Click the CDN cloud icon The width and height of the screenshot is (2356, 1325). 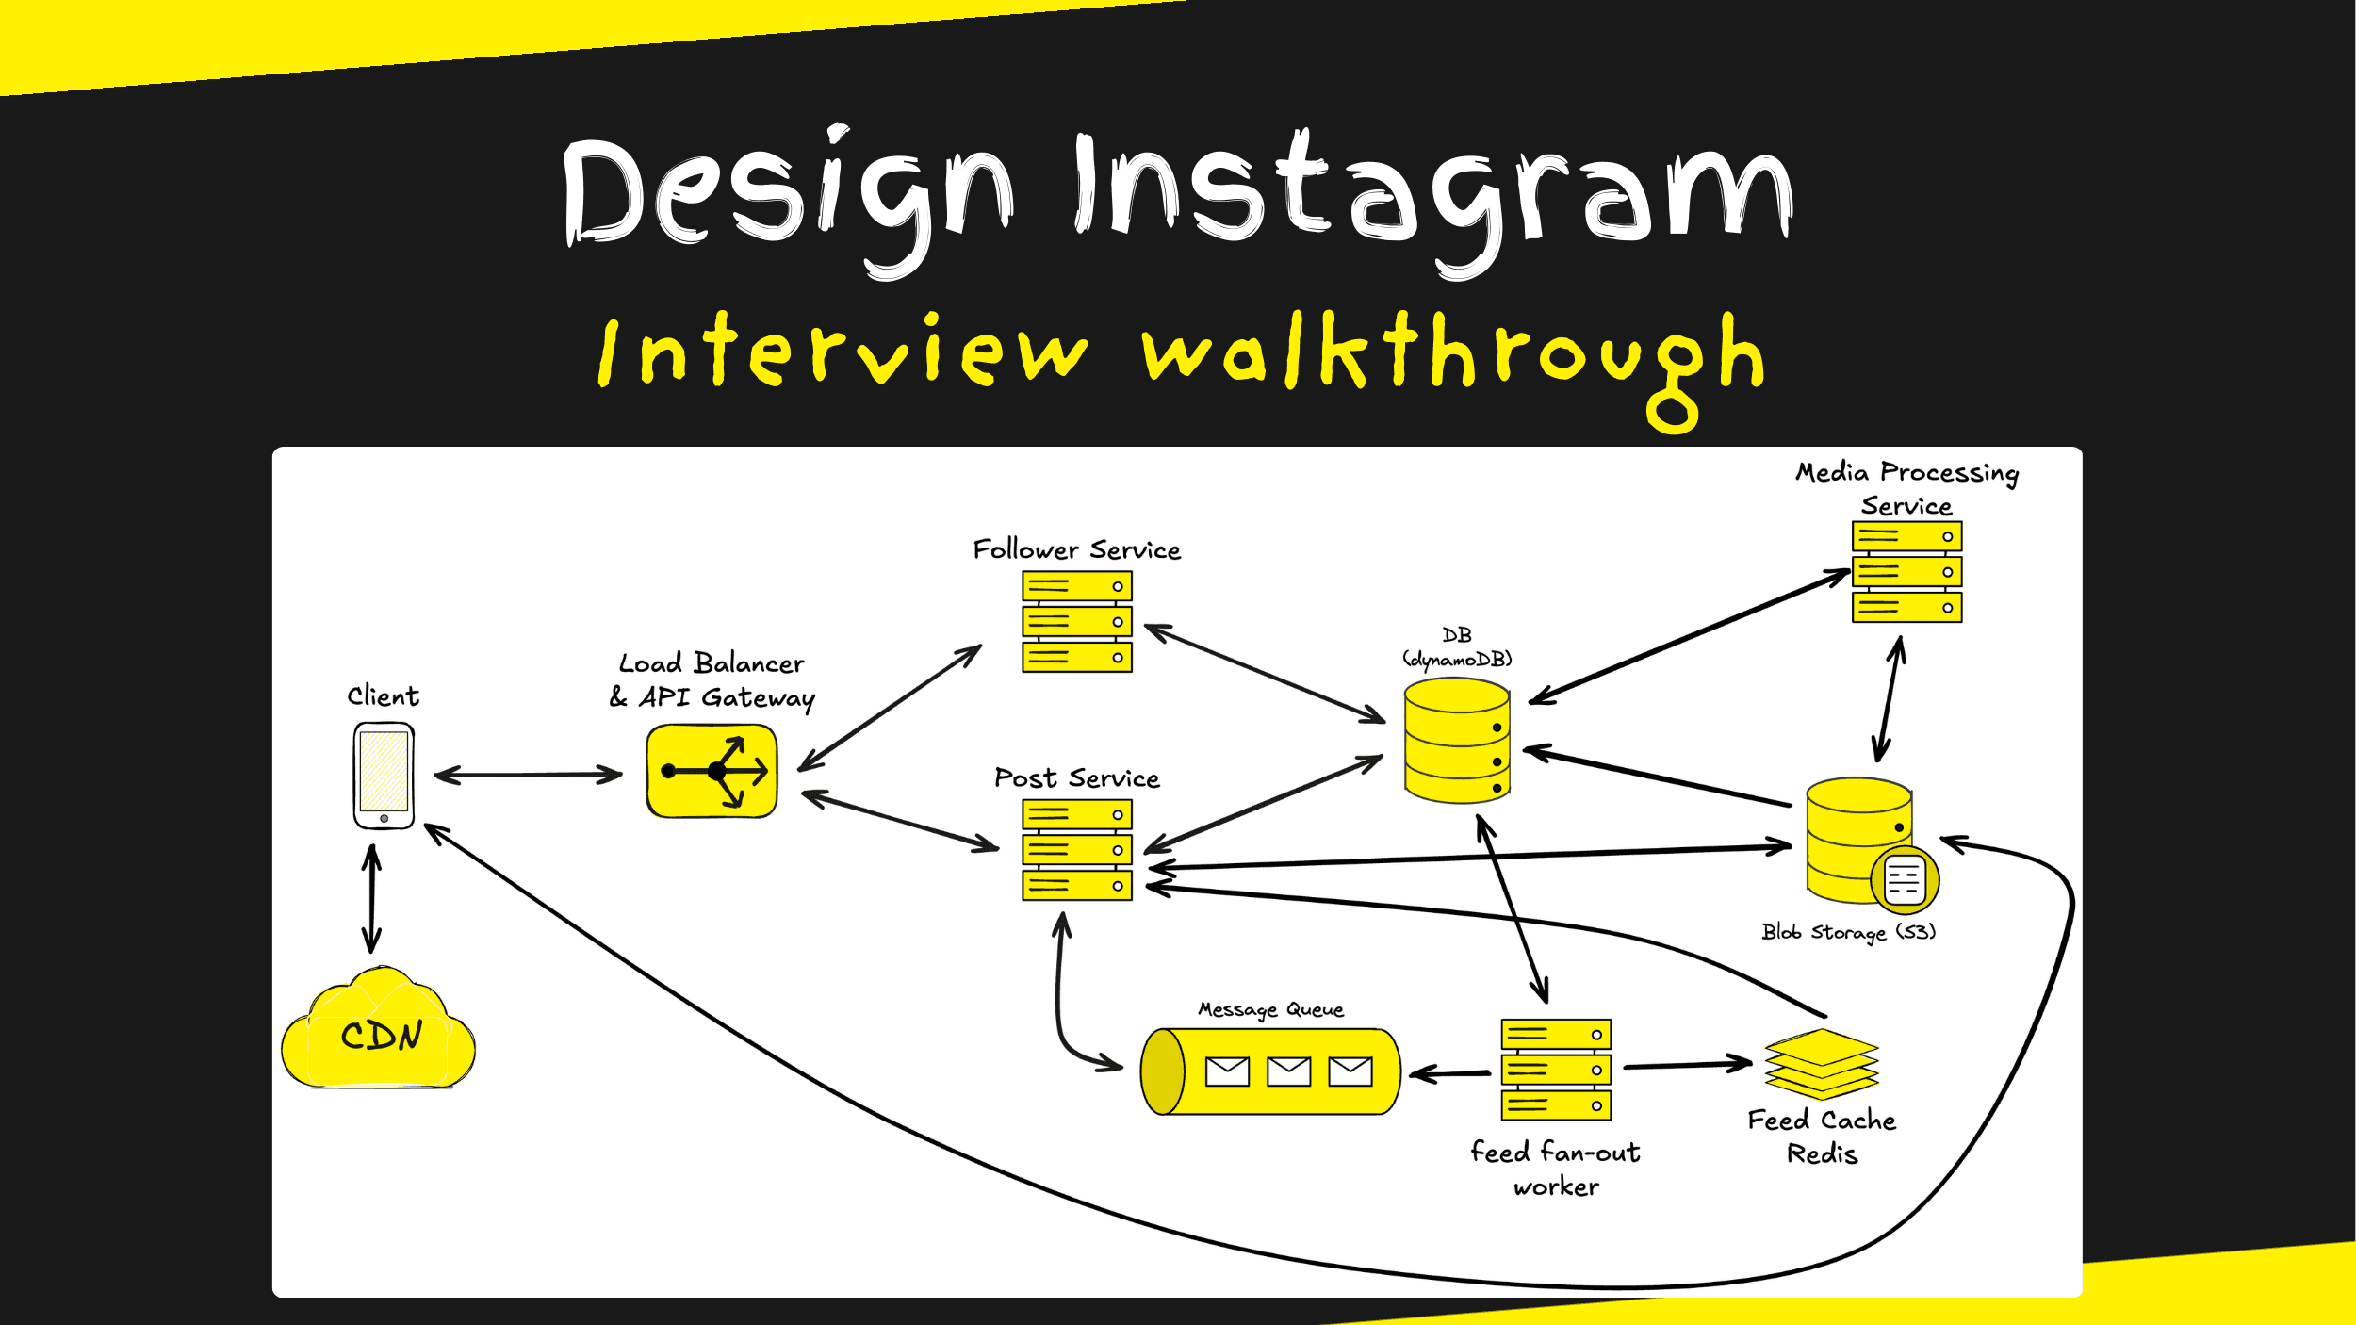pos(379,1034)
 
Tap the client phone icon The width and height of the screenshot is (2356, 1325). pos(384,775)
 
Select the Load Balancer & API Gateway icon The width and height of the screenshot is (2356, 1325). pos(712,770)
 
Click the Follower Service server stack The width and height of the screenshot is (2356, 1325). pos(1076,622)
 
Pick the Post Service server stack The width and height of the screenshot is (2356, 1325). pos(1076,850)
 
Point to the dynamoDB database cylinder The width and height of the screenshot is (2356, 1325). pos(1457,742)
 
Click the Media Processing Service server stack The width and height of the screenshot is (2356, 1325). pos(1906,572)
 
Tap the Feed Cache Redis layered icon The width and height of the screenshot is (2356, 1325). pos(1822,1064)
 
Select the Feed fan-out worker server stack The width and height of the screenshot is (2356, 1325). pos(1555,1070)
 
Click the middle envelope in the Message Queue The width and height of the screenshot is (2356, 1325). pos(1288,1071)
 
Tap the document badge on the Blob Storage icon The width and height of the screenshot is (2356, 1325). pos(1905,880)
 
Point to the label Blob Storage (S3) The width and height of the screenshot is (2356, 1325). pos(1848,932)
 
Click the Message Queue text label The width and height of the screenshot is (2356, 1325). pos(1270,1010)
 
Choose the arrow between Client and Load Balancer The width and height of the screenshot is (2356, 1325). pos(528,775)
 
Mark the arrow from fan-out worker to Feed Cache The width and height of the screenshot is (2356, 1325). pos(1687,1066)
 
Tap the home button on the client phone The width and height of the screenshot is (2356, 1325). pos(384,818)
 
